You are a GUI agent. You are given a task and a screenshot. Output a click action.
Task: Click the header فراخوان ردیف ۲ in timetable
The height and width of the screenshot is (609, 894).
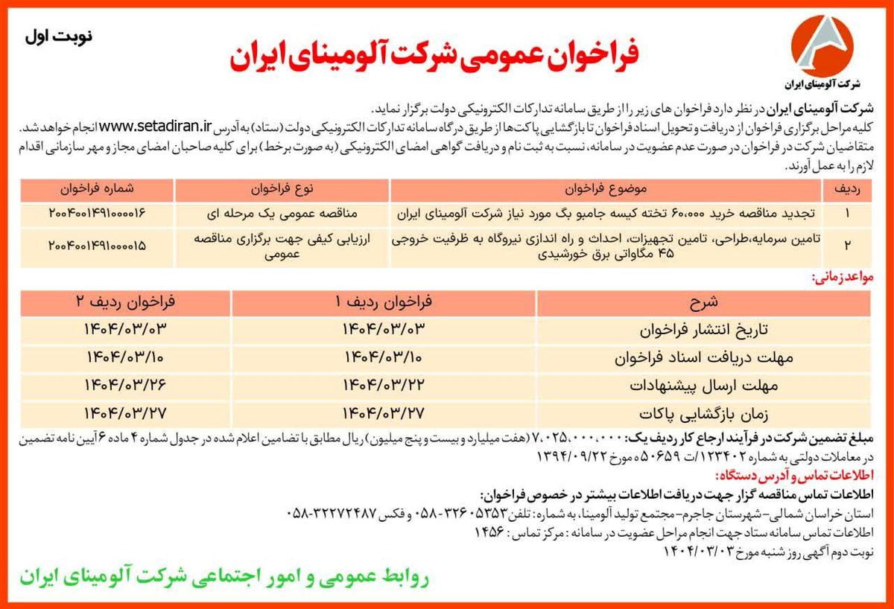click(x=124, y=302)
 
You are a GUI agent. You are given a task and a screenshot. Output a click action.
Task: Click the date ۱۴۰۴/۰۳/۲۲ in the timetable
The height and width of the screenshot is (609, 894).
click(x=383, y=384)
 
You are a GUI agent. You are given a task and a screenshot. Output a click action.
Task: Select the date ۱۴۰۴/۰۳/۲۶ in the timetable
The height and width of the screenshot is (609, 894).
click(x=124, y=384)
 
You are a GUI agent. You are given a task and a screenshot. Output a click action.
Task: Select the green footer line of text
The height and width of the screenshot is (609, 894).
click(x=223, y=577)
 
